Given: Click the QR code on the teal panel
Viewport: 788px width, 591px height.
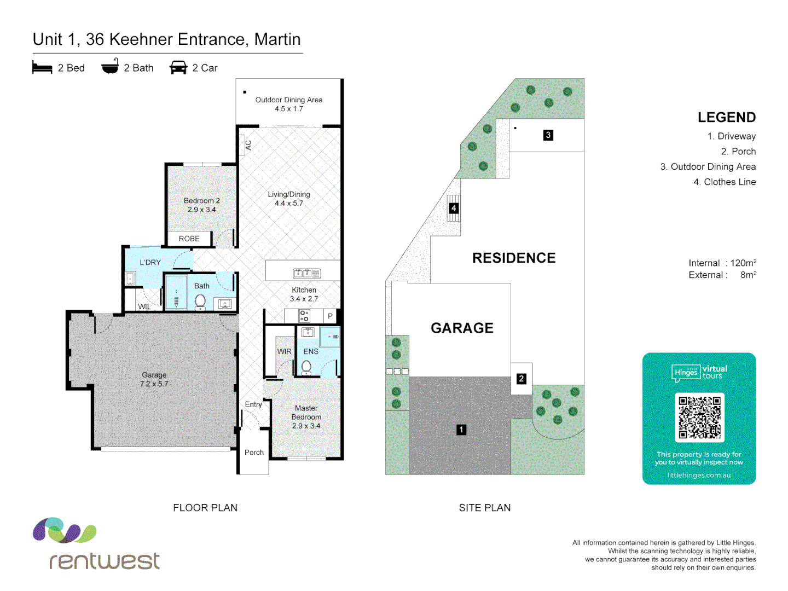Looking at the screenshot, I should click(699, 418).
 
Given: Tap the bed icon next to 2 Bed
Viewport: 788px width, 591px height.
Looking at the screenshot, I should click(42, 68).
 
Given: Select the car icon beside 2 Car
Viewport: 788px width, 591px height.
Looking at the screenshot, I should click(178, 68).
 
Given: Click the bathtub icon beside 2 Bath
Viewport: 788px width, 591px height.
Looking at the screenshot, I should click(110, 67).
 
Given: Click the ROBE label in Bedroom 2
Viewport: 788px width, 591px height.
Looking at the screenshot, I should click(189, 239).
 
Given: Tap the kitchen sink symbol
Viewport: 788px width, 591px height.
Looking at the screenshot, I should click(306, 273).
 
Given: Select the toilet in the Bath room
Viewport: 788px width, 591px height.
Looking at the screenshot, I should click(200, 301).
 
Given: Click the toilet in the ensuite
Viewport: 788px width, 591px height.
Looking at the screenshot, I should click(306, 367).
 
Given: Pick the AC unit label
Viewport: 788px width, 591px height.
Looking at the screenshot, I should click(248, 146).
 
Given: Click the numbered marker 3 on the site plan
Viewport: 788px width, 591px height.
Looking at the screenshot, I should click(548, 135).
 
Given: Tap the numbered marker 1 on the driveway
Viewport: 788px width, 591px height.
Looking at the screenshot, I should click(461, 430).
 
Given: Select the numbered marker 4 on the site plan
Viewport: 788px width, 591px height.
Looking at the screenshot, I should click(454, 208).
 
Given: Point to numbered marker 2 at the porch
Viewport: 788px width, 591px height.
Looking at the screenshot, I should click(521, 379).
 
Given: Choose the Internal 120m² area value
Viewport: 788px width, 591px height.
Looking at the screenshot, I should click(743, 263).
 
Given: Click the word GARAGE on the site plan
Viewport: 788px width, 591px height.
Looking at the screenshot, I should click(462, 328).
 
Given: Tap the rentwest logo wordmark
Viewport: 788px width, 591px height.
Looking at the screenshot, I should click(105, 560).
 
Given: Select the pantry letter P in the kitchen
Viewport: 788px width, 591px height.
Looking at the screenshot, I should click(330, 316).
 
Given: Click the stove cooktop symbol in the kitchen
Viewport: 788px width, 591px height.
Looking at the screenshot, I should click(304, 316).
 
